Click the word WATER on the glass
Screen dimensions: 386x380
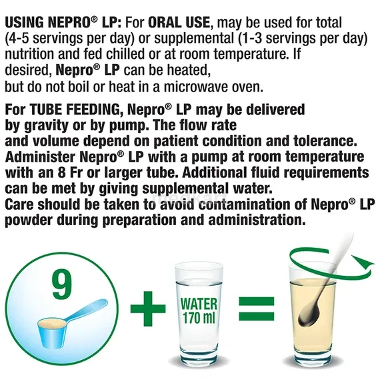[199, 303]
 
